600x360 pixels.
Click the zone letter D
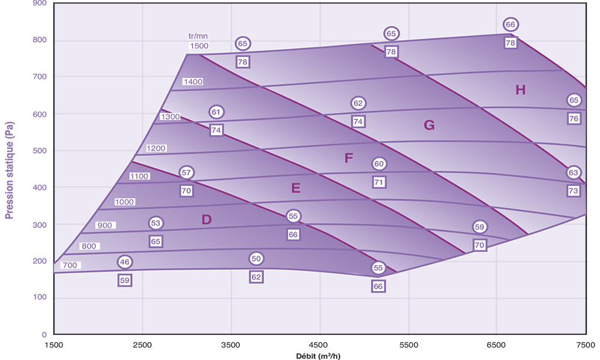[206, 220]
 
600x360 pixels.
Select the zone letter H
[520, 90]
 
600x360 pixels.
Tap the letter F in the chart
[349, 158]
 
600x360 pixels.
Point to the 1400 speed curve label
[193, 82]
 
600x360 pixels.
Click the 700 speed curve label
[71, 265]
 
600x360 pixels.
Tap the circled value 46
[125, 262]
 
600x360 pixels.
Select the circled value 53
[156, 223]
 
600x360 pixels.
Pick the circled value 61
[217, 112]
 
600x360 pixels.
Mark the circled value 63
[574, 173]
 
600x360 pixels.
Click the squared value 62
[256, 277]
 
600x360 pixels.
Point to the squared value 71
[379, 182]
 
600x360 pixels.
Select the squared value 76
[574, 118]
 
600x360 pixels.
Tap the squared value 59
[125, 280]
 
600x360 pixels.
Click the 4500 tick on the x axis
[319, 345]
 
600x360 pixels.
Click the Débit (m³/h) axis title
[319, 355]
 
